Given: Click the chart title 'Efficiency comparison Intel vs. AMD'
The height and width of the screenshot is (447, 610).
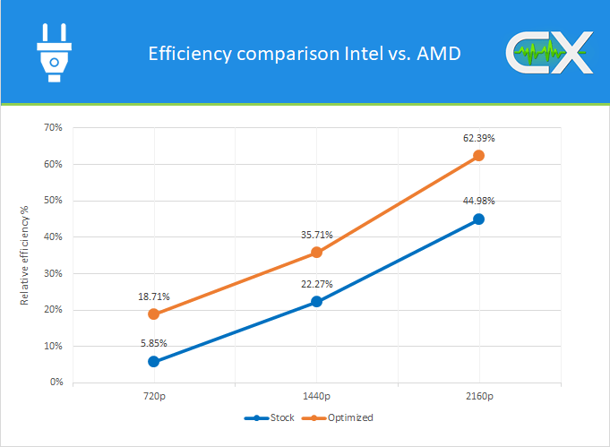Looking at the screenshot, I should (304, 54).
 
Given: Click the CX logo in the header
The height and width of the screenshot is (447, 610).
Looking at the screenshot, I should (548, 53).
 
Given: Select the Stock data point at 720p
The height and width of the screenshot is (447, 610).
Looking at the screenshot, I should (154, 361).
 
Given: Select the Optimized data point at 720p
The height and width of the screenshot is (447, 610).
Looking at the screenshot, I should (154, 314).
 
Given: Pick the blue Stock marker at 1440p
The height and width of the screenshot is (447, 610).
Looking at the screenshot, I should (316, 302).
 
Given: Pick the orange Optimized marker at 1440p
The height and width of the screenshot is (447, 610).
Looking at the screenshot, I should (316, 253).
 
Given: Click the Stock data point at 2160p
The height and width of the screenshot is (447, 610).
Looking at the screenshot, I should (479, 219).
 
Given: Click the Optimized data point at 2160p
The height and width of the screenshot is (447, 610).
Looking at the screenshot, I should (479, 155).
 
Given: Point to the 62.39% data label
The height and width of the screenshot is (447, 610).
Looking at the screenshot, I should (479, 138).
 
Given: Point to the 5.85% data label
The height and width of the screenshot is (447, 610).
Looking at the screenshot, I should (153, 343).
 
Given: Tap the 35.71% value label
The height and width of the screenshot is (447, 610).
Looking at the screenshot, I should (316, 235).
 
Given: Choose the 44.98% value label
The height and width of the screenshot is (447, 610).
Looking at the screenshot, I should (479, 201).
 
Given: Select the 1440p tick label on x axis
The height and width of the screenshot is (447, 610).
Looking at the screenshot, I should (316, 395).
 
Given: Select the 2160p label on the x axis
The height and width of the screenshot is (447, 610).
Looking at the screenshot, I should (479, 395).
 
